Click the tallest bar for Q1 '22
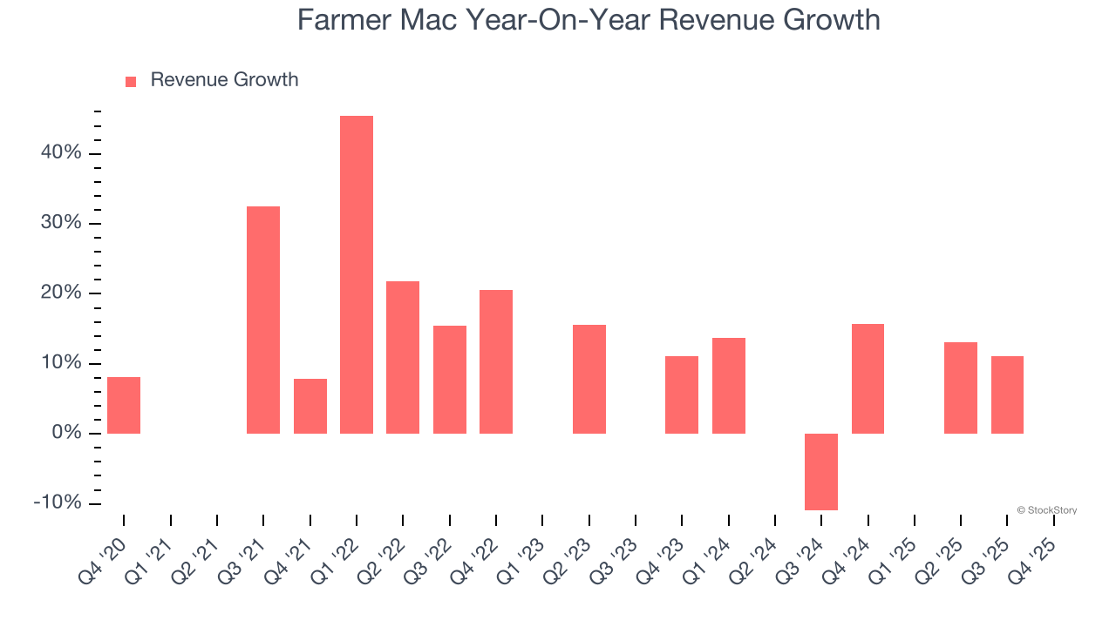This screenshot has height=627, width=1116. (357, 274)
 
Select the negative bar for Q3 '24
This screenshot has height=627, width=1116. (821, 471)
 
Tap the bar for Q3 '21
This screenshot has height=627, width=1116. (263, 320)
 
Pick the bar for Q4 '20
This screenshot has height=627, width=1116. (124, 405)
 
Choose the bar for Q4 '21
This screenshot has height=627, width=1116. (310, 406)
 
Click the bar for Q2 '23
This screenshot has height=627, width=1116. (589, 379)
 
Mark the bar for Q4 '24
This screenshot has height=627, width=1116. (868, 379)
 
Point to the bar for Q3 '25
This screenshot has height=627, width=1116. (1007, 394)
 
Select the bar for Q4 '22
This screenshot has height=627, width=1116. (496, 361)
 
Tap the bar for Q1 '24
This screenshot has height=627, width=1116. (729, 385)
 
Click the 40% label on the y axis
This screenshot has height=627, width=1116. (60, 153)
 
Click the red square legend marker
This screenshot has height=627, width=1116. (131, 81)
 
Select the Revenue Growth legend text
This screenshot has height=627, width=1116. (224, 80)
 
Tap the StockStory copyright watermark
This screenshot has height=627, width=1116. (1046, 510)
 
